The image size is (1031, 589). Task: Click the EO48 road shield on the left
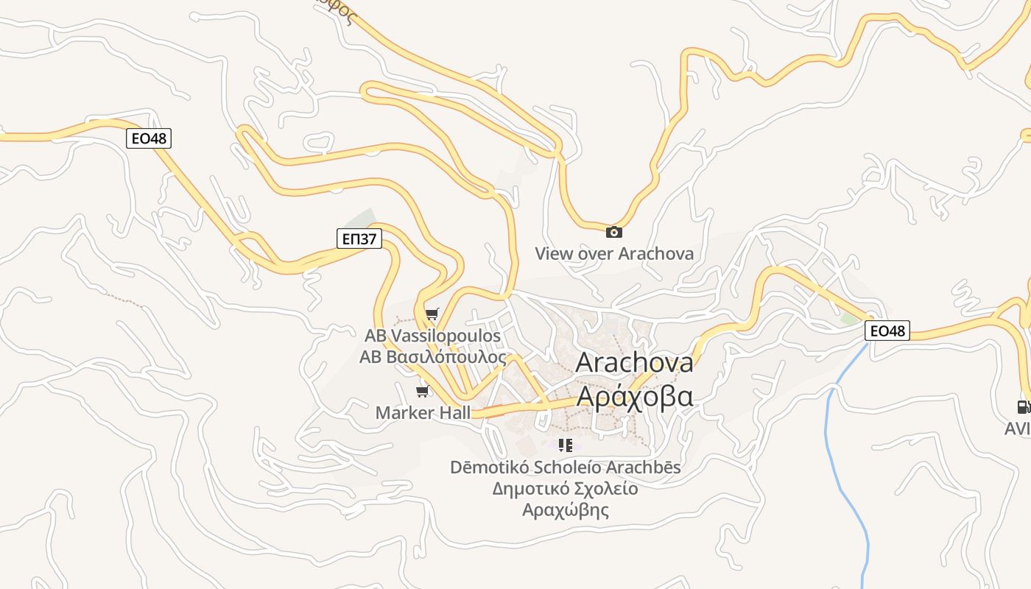click(x=149, y=138)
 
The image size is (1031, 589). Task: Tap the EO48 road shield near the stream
click(x=887, y=331)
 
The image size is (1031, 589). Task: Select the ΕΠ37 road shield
click(x=359, y=238)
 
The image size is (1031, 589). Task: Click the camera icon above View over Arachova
click(x=613, y=232)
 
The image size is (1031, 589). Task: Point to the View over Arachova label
click(x=613, y=254)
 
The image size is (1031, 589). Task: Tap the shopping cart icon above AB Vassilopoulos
click(x=432, y=315)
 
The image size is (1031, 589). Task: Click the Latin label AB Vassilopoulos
click(x=433, y=336)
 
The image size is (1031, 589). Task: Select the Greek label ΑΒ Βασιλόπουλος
click(x=433, y=358)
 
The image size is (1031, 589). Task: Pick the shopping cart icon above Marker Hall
click(x=423, y=391)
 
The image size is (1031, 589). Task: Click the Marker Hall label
click(x=423, y=412)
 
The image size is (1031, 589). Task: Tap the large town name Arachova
click(x=634, y=362)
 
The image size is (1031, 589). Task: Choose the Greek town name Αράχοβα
click(x=634, y=395)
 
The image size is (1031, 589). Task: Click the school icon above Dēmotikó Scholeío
click(x=566, y=445)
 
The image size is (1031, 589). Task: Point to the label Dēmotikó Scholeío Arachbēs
click(x=566, y=467)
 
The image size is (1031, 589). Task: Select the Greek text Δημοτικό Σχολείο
click(x=566, y=488)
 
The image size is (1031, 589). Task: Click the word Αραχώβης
click(x=566, y=509)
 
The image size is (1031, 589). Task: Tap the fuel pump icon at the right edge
click(x=1022, y=406)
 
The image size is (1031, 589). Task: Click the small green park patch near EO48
click(x=851, y=320)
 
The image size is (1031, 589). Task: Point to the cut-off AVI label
click(x=1018, y=428)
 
